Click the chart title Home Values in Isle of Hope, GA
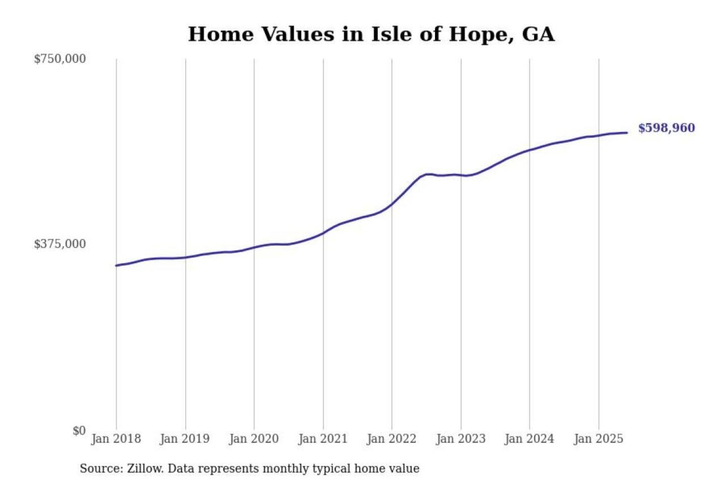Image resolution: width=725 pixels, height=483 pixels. [371, 34]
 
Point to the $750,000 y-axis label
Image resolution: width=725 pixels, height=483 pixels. [60, 59]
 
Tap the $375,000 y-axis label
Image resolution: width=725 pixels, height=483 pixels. [60, 244]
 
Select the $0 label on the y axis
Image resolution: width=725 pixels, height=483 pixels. [79, 431]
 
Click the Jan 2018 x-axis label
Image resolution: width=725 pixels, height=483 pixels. [116, 439]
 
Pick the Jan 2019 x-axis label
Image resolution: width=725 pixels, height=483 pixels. [185, 439]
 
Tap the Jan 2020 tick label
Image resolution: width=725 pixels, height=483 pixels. [254, 439]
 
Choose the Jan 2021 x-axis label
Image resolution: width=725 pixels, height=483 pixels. [323, 439]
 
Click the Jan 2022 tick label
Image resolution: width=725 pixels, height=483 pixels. [392, 439]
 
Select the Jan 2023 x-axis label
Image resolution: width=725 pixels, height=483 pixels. [461, 439]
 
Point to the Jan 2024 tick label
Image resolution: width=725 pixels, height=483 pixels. [529, 439]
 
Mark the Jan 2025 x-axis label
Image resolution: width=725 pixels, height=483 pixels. [599, 439]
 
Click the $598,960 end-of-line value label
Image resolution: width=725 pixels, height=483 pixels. [666, 128]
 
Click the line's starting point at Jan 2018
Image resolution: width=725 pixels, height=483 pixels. [116, 265]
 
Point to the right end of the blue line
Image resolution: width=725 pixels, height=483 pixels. [627, 133]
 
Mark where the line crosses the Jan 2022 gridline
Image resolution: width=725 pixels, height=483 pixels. [392, 204]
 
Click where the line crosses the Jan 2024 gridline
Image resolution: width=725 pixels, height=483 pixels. [529, 150]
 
